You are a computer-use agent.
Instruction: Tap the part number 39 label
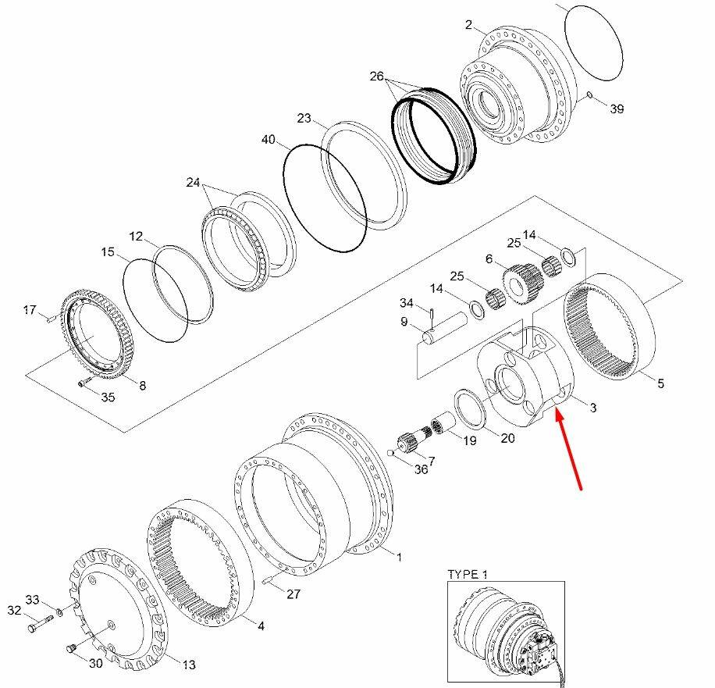pyautogui.click(x=617, y=109)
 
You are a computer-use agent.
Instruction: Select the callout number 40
pyautogui.click(x=268, y=140)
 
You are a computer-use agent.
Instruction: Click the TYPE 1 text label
pyautogui.click(x=468, y=575)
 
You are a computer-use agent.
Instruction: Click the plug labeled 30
pyautogui.click(x=69, y=647)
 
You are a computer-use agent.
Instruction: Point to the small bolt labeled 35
pyautogui.click(x=83, y=382)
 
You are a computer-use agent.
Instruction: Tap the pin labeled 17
pyautogui.click(x=48, y=318)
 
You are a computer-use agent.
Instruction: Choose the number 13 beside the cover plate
pyautogui.click(x=189, y=665)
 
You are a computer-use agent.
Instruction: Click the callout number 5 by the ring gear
pyautogui.click(x=660, y=383)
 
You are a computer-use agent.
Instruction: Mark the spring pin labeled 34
pyautogui.click(x=432, y=313)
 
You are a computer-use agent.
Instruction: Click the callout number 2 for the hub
pyautogui.click(x=468, y=26)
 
